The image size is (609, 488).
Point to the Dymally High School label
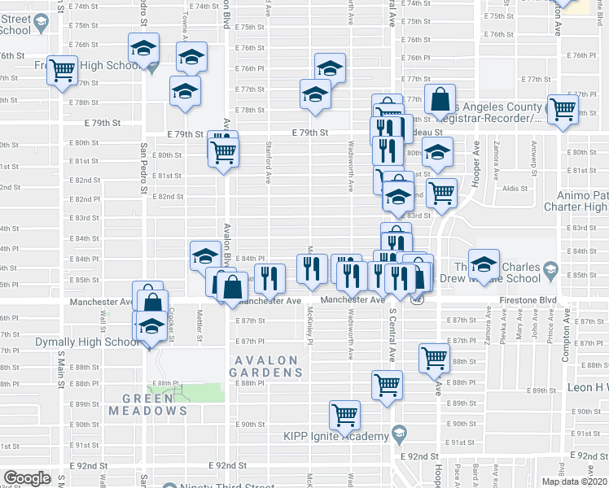(88, 342)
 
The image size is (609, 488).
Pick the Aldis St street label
(515, 188)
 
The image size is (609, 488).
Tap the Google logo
(27, 478)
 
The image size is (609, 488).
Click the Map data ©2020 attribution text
(574, 481)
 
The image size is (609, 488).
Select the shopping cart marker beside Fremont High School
(62, 71)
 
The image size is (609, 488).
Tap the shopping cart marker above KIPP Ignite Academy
(346, 414)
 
